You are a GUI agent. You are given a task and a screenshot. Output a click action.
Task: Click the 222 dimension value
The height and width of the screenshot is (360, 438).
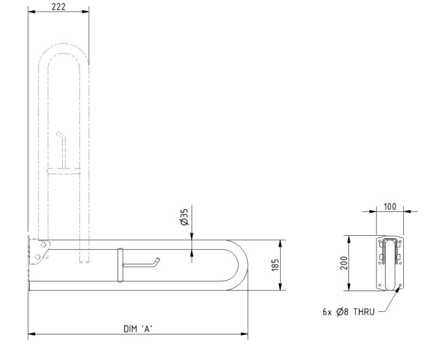tap(58, 7)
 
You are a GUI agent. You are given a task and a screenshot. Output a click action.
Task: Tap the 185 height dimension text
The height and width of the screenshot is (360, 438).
tap(275, 266)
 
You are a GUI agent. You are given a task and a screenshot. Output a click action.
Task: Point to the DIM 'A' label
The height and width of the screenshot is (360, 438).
tap(137, 328)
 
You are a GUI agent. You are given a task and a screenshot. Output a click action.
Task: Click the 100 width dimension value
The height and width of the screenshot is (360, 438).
tap(390, 206)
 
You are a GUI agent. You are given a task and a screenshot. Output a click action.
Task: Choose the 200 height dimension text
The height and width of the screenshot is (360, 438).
tap(344, 263)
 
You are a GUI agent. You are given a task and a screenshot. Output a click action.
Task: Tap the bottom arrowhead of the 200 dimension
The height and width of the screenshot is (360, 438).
tap(349, 288)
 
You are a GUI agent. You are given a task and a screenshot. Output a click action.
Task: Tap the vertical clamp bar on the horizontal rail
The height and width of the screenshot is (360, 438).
tap(121, 265)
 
